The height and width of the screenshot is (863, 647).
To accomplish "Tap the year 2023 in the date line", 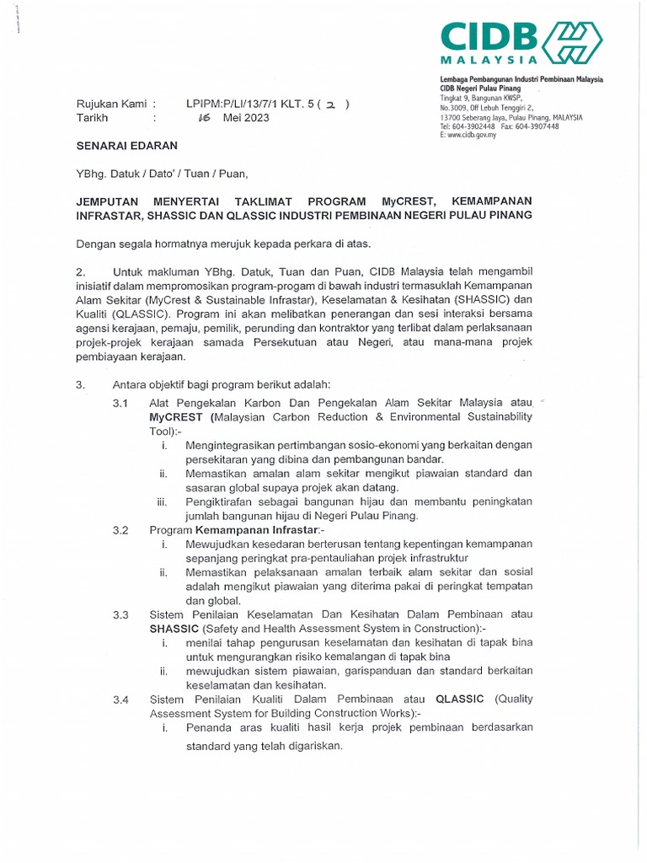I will [x=255, y=118].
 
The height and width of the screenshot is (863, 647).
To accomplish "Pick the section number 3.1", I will [x=120, y=404].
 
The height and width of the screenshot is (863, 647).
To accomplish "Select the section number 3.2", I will [x=120, y=530].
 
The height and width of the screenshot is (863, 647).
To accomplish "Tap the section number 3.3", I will [x=120, y=615].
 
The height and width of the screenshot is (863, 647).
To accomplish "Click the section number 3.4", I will [x=120, y=700].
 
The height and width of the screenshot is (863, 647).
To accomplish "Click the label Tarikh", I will [x=92, y=118].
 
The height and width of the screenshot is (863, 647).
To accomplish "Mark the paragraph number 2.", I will [x=81, y=271].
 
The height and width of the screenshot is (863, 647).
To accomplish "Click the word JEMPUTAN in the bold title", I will [x=114, y=201].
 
